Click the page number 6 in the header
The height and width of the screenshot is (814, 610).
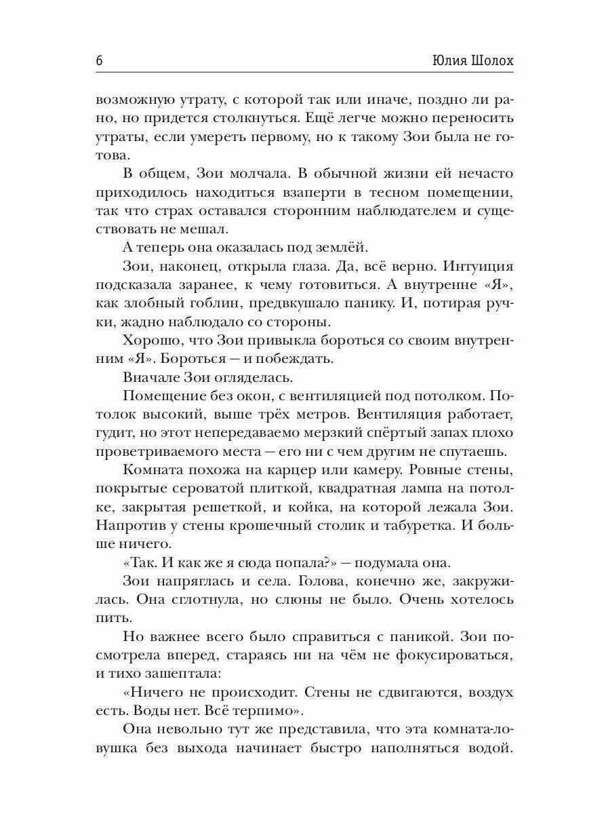(100, 60)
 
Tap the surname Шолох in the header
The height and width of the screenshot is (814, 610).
(489, 60)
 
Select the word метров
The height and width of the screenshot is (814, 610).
(359, 414)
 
